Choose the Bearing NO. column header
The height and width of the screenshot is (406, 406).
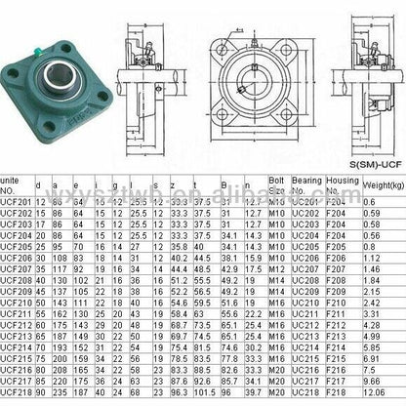tap(304, 184)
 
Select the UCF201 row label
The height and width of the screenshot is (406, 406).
tap(18, 200)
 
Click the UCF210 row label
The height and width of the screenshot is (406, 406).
tap(18, 304)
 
